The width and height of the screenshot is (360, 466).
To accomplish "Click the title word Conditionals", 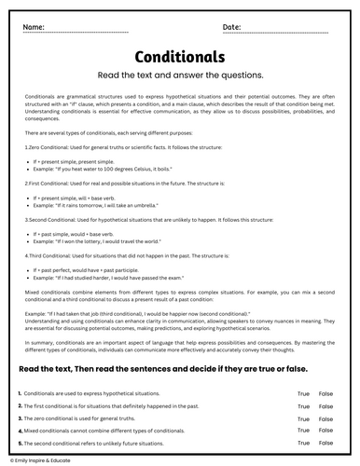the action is pos(180,57).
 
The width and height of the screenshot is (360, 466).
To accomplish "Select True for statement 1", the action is pos(303,394).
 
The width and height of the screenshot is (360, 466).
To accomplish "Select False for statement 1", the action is pos(325,394).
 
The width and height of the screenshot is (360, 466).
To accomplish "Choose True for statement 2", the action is pos(303,406).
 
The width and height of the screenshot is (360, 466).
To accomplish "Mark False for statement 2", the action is pos(325,406).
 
